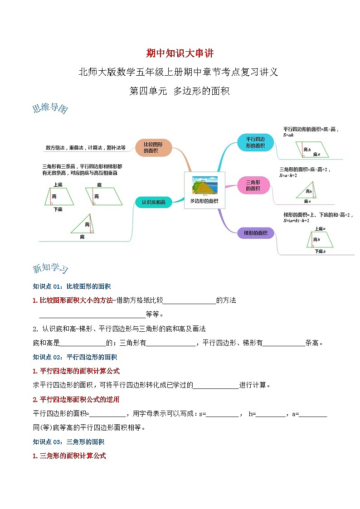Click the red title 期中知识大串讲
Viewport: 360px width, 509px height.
(180, 53)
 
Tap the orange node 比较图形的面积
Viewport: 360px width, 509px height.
(154, 148)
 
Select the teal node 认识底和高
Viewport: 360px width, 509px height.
(154, 202)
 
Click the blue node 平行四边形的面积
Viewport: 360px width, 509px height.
(255, 142)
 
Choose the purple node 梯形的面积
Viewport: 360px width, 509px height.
(256, 233)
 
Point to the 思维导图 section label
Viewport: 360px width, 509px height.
(50, 109)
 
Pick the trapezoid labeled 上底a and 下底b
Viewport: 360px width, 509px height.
(320, 240)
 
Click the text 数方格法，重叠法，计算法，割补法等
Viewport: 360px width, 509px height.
(85, 147)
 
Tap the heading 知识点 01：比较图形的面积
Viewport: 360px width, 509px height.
(72, 286)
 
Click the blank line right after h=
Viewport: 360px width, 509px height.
(271, 414)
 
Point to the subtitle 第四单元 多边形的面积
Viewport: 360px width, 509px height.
(180, 91)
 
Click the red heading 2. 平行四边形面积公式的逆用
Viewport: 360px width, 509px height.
(76, 399)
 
